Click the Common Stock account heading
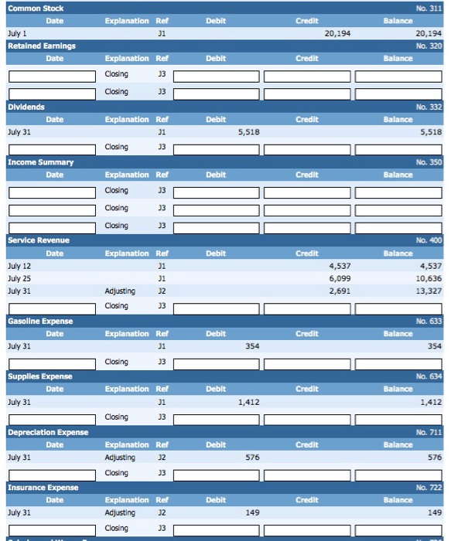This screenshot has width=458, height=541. point(36,9)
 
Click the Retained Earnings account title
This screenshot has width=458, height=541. point(41,46)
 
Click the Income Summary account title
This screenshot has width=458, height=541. point(40,162)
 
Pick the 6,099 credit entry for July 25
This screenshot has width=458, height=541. point(340,278)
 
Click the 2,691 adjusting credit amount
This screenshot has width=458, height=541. point(340,291)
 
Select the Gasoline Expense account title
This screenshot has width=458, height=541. point(40,321)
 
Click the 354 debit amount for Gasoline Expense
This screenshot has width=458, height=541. point(252,347)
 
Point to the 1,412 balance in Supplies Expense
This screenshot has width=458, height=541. point(430,403)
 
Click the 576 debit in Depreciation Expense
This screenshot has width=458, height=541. point(252,458)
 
